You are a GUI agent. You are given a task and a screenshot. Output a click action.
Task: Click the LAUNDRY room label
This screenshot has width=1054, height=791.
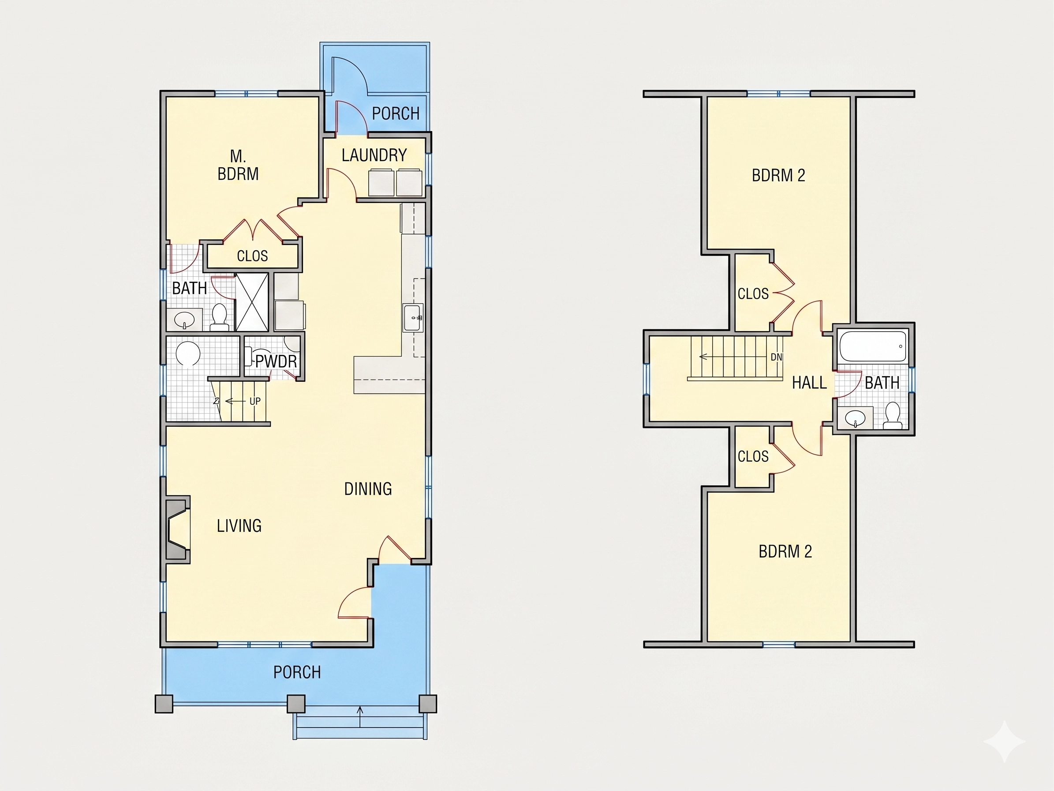tap(374, 155)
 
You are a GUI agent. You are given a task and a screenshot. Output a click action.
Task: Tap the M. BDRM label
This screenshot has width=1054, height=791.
tap(238, 165)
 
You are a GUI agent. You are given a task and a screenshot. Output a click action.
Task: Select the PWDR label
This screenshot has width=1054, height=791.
tap(276, 362)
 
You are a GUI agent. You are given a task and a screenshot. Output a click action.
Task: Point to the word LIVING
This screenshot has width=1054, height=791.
tap(239, 525)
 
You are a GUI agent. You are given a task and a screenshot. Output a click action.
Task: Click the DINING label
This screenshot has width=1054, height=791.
tap(368, 489)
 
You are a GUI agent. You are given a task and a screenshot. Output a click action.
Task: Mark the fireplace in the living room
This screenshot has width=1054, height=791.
tap(178, 529)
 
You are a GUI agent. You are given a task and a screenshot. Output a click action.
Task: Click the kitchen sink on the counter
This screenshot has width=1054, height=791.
tap(413, 317)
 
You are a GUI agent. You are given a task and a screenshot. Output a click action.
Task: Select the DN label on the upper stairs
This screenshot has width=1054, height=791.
tap(776, 357)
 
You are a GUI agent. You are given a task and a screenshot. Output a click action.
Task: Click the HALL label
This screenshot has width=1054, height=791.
tap(809, 382)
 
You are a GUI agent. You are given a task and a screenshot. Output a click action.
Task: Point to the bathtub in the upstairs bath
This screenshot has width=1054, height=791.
tap(872, 346)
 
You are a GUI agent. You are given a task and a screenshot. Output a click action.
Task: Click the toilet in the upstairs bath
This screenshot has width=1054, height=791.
tap(892, 415)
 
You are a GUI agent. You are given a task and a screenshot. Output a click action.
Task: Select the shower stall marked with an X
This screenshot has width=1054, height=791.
tap(252, 302)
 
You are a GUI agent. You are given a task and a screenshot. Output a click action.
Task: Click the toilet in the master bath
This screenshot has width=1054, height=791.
tap(219, 316)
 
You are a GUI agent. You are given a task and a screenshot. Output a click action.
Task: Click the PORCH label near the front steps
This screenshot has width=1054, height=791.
tap(297, 672)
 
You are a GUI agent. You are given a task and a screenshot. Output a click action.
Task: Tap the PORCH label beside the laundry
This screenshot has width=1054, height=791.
tap(396, 113)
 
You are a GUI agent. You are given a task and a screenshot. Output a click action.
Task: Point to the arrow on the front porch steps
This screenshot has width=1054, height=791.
tap(360, 717)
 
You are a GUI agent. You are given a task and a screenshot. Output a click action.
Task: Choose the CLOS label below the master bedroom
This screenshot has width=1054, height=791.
tap(252, 256)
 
